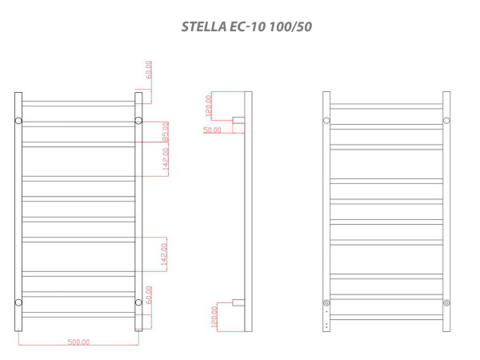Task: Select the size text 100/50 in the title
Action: [292, 26]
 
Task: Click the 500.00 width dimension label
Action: [78, 342]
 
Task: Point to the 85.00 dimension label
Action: [166, 131]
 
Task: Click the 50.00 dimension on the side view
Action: [212, 130]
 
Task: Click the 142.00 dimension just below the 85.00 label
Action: [166, 160]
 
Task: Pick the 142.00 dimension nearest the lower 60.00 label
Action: [166, 253]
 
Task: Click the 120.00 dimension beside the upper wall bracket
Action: [207, 104]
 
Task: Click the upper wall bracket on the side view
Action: [238, 122]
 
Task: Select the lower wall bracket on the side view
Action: [238, 303]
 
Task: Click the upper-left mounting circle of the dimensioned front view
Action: [18, 121]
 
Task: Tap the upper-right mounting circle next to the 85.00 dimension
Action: [138, 121]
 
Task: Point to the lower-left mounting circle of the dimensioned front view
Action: [18, 302]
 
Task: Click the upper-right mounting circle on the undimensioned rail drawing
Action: [446, 121]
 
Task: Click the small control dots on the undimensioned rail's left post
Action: [326, 320]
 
